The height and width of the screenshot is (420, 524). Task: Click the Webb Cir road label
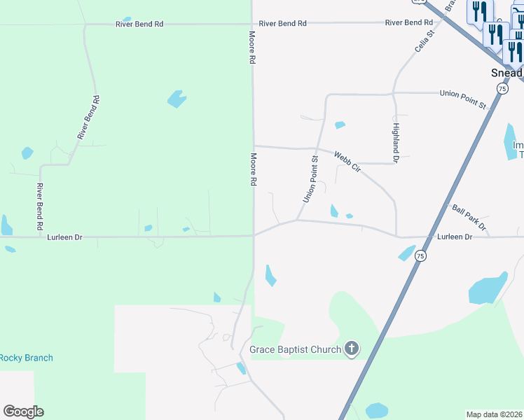(x=347, y=163)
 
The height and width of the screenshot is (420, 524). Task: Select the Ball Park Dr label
(x=469, y=218)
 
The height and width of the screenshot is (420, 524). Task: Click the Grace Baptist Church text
(x=295, y=349)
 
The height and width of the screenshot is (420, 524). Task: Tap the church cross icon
(x=352, y=349)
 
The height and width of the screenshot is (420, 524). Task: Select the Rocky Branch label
(x=26, y=358)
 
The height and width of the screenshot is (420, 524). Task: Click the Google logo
(x=23, y=411)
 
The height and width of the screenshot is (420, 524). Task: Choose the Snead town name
(x=506, y=73)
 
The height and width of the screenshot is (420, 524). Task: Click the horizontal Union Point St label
(x=462, y=99)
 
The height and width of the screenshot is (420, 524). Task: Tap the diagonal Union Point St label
(x=310, y=180)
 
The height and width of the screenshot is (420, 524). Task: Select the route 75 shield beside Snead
(x=502, y=88)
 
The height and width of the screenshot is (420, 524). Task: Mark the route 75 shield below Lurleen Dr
(x=420, y=256)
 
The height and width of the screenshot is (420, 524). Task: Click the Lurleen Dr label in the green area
(x=64, y=237)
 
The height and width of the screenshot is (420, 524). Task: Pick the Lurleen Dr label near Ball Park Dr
(x=455, y=237)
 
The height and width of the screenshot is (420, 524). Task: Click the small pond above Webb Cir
(x=340, y=125)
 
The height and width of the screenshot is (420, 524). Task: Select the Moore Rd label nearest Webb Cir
(x=252, y=169)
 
